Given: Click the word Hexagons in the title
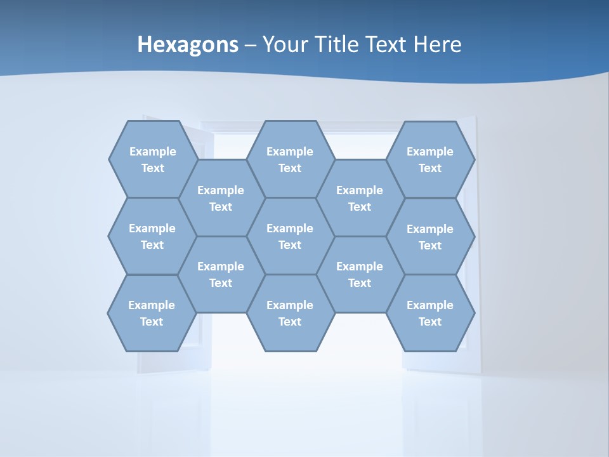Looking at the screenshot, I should click(x=188, y=45).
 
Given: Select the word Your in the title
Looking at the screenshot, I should click(x=282, y=45).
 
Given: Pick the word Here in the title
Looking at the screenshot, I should click(x=438, y=45).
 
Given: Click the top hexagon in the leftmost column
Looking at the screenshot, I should click(x=153, y=159).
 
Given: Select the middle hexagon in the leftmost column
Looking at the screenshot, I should click(x=152, y=236).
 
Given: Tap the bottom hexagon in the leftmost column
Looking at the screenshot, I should click(x=152, y=313).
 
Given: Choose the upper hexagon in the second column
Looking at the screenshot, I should click(x=221, y=198).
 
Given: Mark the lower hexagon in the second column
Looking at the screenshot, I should click(x=221, y=274).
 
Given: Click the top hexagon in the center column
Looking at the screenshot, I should click(x=290, y=159).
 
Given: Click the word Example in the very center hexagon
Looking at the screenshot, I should click(x=290, y=228).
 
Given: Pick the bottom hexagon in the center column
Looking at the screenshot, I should click(x=290, y=313).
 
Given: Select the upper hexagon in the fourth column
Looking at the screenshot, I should click(x=360, y=198).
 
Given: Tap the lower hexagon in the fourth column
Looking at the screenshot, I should click(x=360, y=274).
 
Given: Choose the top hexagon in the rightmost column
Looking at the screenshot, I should click(x=430, y=159).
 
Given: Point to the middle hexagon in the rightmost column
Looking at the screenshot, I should click(x=430, y=237).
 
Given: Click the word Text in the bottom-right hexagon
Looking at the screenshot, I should click(x=430, y=322).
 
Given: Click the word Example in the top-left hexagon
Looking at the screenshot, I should click(x=153, y=152).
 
